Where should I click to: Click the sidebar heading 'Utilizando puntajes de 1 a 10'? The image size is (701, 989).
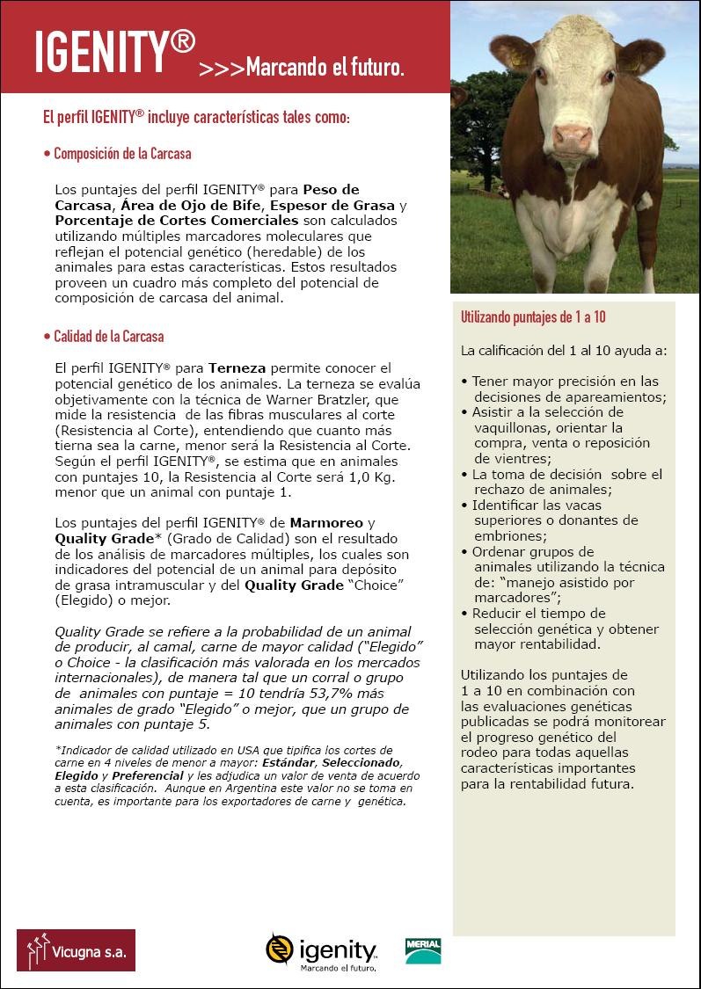(x=533, y=317)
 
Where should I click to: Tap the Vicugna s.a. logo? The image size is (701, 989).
(x=77, y=949)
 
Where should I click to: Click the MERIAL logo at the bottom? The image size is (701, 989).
(x=423, y=949)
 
